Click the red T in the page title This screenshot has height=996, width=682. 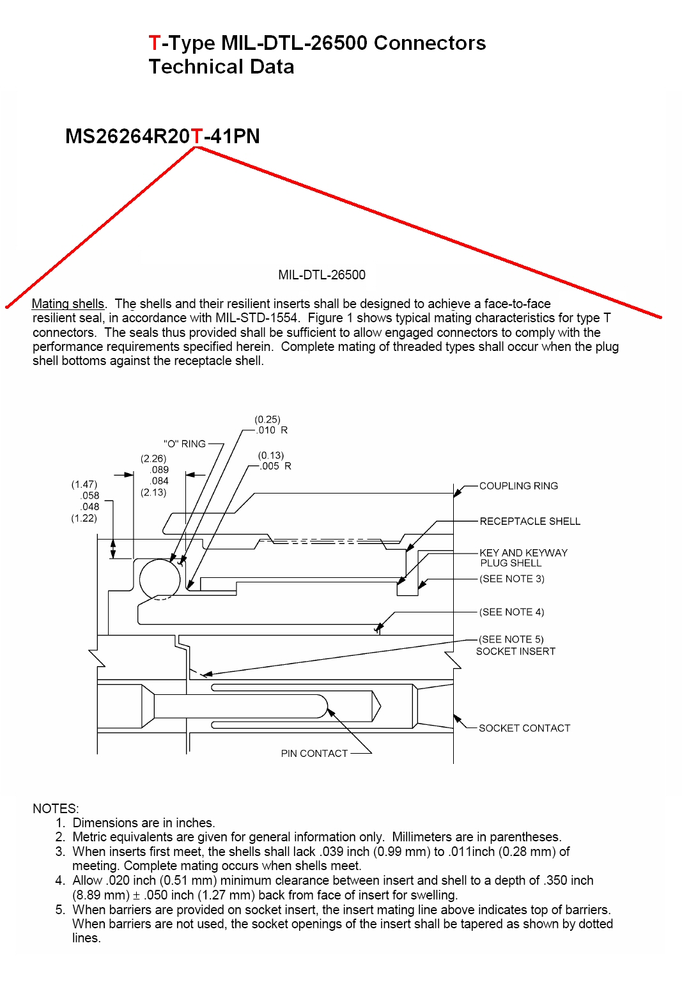[x=154, y=43]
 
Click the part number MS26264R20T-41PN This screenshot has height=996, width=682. [x=162, y=136]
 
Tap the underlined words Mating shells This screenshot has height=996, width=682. [x=68, y=304]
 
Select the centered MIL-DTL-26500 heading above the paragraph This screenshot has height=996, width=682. [x=322, y=275]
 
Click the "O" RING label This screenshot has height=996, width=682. [x=185, y=444]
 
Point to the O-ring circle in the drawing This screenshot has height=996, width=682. [x=160, y=579]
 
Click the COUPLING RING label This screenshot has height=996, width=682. [x=518, y=486]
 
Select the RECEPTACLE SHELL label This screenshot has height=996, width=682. [x=530, y=522]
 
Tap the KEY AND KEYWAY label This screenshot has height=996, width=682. [x=523, y=553]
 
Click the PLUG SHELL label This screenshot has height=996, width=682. [x=511, y=563]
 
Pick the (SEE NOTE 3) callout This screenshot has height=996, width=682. [x=512, y=579]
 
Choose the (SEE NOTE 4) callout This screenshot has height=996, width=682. [x=512, y=612]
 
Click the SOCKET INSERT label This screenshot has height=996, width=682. [x=516, y=651]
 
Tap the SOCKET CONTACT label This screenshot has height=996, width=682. [x=524, y=728]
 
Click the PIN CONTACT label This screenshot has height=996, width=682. [x=314, y=754]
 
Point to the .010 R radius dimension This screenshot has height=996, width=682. [x=272, y=430]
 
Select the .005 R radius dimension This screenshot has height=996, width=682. [x=275, y=466]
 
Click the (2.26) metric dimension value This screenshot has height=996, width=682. [x=153, y=458]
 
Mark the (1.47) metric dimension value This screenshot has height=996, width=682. [x=84, y=485]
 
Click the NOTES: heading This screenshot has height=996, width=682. [x=56, y=808]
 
